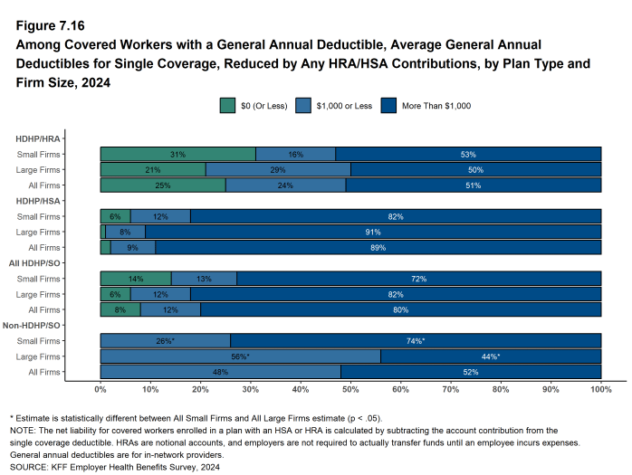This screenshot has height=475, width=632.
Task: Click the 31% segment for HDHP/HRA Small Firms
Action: click(x=177, y=154)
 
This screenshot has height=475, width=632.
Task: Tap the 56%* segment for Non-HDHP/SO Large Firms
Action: click(x=240, y=356)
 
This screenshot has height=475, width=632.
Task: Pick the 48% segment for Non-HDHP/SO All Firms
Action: click(x=220, y=372)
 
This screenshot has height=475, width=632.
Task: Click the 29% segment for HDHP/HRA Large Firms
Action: click(x=278, y=169)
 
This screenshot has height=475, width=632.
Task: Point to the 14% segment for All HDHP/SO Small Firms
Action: click(x=136, y=279)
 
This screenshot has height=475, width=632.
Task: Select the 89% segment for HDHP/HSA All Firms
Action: click(x=378, y=247)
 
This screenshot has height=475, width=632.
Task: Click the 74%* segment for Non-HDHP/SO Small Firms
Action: click(x=416, y=341)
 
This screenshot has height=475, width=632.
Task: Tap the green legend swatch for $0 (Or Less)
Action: click(x=227, y=106)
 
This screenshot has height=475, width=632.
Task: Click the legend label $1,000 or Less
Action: click(x=343, y=106)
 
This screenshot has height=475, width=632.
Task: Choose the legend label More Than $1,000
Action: click(x=438, y=106)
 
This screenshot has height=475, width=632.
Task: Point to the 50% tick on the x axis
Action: click(x=350, y=383)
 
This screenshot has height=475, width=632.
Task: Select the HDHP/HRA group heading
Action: click(x=39, y=138)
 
